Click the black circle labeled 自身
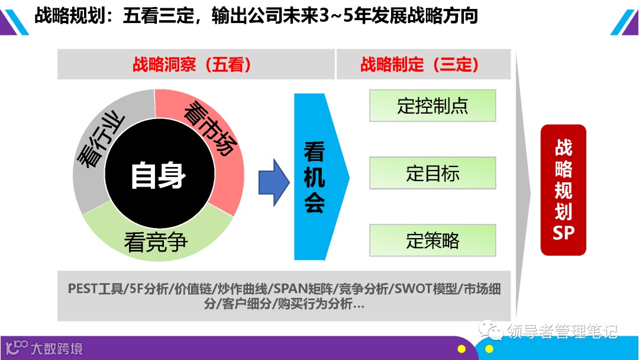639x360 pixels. [158, 176]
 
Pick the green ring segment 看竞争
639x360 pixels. [156, 239]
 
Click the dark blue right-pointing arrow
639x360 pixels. [273, 182]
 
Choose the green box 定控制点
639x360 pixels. [433, 105]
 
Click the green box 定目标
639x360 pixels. [433, 173]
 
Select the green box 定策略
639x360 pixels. [433, 240]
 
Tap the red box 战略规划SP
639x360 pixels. [563, 189]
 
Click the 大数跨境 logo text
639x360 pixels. [57, 348]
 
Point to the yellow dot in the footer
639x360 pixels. [461, 349]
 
